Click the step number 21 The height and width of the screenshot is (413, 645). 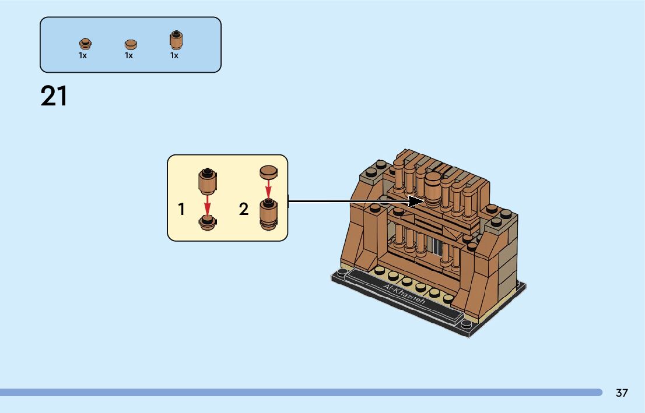[54, 97]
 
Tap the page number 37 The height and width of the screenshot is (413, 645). [622, 393]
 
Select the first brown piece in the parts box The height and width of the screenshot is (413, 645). [85, 43]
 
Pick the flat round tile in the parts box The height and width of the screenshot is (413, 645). [130, 44]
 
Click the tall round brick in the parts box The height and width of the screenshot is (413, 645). [175, 40]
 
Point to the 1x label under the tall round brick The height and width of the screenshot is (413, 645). [174, 56]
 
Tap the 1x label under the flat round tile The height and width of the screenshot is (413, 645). [129, 56]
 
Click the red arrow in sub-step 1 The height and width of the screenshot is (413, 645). [207, 205]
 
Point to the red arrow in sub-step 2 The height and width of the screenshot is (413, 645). [268, 189]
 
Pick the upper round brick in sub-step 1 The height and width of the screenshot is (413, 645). [207, 181]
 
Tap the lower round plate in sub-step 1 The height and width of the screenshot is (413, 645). [207, 222]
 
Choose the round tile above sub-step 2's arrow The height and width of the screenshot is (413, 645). [268, 172]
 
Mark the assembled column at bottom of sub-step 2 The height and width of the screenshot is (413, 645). [268, 214]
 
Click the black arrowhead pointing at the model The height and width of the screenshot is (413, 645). [416, 202]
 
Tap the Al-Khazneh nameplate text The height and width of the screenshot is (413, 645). [405, 296]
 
